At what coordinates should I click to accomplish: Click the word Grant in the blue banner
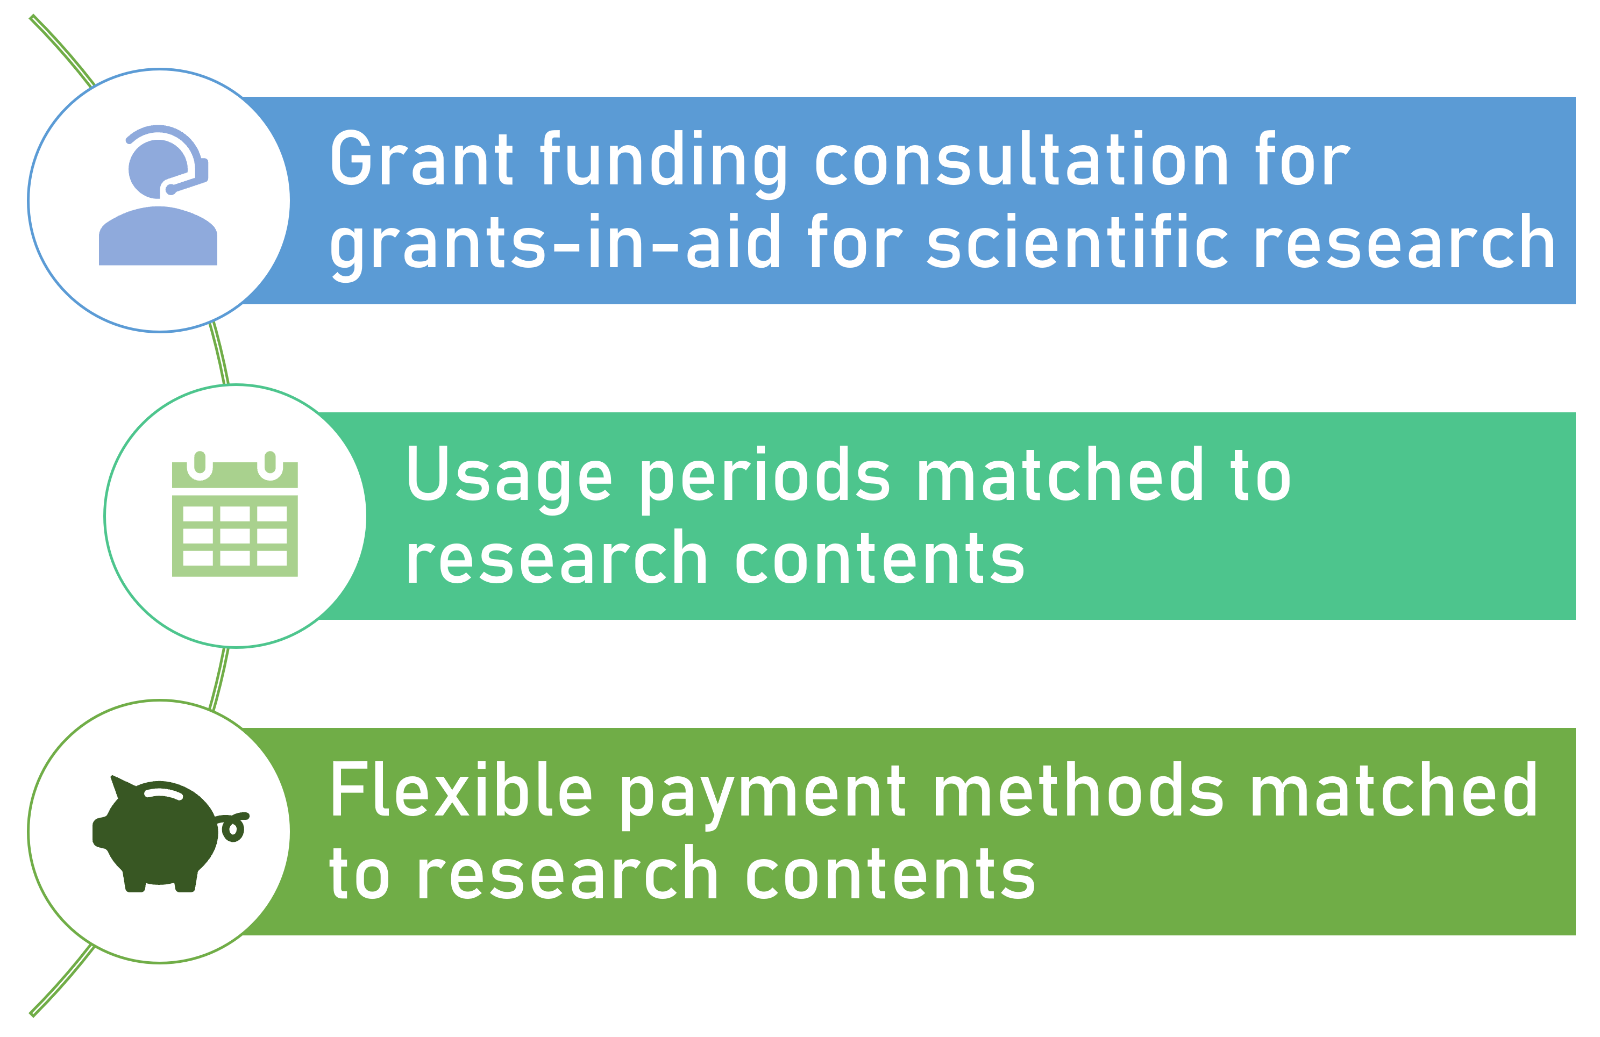[422, 158]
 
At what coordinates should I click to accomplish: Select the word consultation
[1022, 158]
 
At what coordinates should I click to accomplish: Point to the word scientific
[1077, 241]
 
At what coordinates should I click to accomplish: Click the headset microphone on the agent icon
[170, 190]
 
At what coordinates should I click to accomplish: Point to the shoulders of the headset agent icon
[158, 236]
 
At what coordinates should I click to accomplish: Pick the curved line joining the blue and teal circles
[220, 353]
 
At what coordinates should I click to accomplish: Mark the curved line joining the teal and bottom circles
[220, 679]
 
